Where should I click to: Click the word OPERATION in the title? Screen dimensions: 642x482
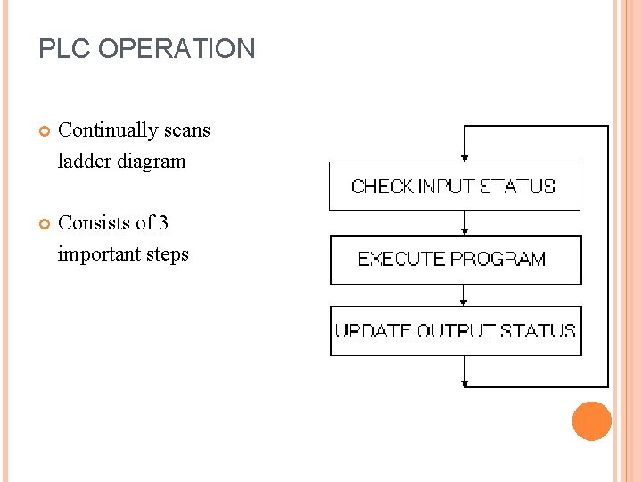(177, 48)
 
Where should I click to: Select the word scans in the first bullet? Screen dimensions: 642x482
(188, 130)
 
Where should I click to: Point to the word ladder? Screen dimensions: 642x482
(85, 162)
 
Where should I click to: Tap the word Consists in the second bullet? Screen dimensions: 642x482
(92, 223)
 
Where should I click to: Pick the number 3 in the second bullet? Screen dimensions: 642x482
(163, 223)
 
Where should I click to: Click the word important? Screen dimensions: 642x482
(99, 254)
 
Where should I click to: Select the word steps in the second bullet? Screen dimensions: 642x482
(168, 254)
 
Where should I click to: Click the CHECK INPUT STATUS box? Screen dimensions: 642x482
(454, 187)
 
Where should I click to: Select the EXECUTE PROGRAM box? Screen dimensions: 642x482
(456, 260)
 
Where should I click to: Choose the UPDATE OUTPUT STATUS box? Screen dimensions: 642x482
(456, 331)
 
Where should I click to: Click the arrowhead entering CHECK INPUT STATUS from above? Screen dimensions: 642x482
(464, 156)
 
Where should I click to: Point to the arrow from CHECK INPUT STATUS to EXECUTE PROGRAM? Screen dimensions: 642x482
(464, 223)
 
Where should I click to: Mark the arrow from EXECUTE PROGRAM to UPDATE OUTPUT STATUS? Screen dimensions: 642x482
(464, 295)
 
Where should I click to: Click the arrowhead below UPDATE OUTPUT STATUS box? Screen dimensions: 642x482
(465, 384)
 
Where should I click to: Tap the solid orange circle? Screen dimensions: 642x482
(591, 421)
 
